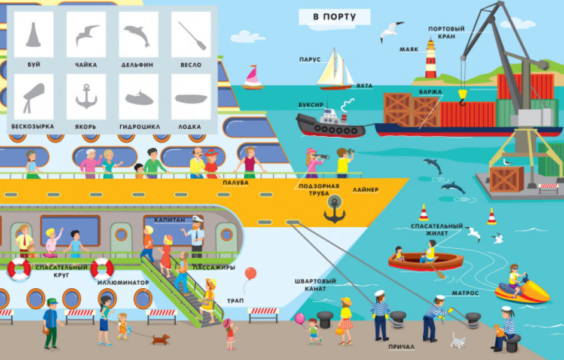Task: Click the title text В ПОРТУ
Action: coord(334,17)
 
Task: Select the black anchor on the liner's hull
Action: coord(334,210)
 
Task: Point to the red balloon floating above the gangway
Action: coord(251,273)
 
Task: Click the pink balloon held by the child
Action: coord(300,318)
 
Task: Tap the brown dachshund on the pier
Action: coord(160,339)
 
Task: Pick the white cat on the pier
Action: coord(458,340)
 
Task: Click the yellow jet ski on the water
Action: coord(522,290)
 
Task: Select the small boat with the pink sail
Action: coord(252,77)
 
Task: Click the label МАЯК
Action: coord(409,50)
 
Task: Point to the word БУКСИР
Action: coord(311,105)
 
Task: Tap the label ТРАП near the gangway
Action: coord(235,301)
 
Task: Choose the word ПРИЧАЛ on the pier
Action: coord(401,347)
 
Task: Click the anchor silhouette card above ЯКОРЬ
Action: coord(86,97)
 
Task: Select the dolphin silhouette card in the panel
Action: coord(139,35)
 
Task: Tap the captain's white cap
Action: coord(197,219)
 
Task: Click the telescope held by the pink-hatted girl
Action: coord(321,157)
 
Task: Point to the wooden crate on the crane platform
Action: coord(507,179)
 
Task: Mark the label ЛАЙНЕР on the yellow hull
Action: coord(365,190)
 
